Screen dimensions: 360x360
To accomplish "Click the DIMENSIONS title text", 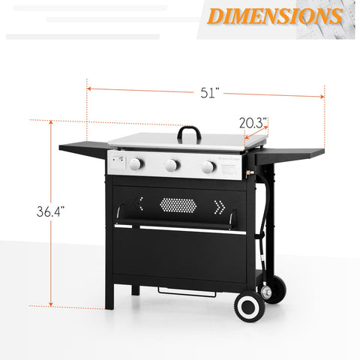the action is (274, 16).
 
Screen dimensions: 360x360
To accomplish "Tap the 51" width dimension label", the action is (209, 93).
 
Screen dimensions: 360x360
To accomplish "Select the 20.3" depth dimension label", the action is (253, 123).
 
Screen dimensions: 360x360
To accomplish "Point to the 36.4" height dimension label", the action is (50, 211).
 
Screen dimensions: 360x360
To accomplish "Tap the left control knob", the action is (136, 163).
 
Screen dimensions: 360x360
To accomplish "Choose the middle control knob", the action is (172, 165).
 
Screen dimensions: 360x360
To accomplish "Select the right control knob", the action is (208, 166).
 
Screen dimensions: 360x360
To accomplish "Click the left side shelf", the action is (83, 149).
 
